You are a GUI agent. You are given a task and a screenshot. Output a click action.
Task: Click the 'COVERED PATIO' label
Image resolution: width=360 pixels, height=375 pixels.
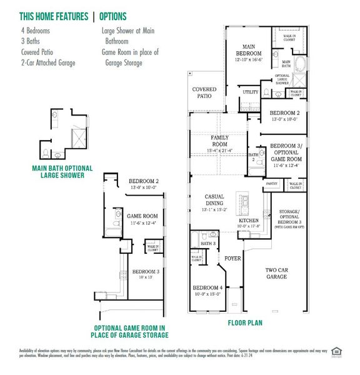pyautogui.click(x=204, y=93)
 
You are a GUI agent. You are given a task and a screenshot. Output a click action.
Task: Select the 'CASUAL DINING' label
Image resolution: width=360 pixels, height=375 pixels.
pyautogui.click(x=214, y=200)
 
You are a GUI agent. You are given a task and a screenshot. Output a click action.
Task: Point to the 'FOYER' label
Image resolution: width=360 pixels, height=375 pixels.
pyautogui.click(x=232, y=257)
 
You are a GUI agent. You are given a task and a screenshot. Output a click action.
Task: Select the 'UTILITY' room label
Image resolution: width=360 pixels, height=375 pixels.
pyautogui.click(x=250, y=92)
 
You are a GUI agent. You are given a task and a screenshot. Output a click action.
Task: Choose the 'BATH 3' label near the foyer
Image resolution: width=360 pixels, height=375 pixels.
pyautogui.click(x=209, y=242)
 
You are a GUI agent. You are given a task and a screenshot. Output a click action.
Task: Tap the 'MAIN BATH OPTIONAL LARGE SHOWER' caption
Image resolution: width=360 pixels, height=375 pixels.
pyautogui.click(x=62, y=171)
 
